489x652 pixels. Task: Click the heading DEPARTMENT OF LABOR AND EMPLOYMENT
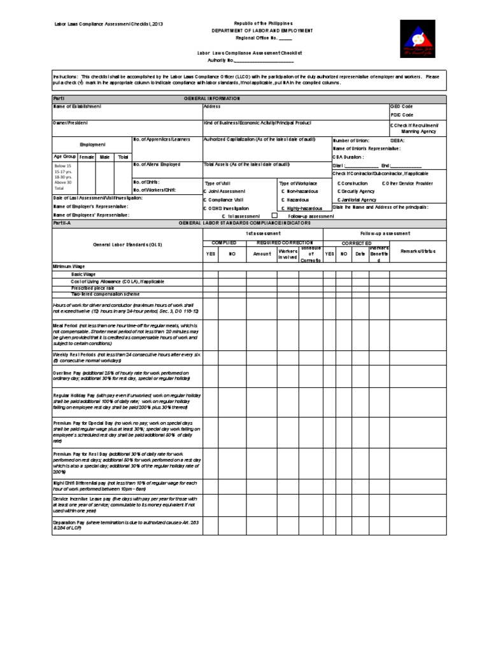click(x=262, y=30)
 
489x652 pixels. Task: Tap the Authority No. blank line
click(x=264, y=61)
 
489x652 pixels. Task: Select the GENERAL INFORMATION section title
click(x=212, y=98)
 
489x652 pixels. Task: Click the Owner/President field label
click(x=71, y=122)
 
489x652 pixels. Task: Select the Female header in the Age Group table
click(x=87, y=157)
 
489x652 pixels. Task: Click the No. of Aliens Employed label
click(x=157, y=164)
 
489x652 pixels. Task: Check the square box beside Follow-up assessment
click(x=274, y=215)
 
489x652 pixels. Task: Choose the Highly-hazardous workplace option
click(x=302, y=208)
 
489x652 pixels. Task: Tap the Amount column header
click(x=262, y=253)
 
